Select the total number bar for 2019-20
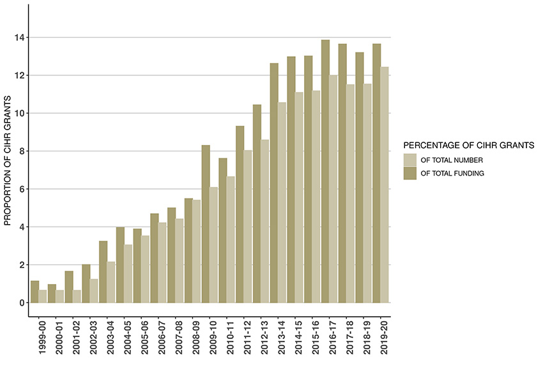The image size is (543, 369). point(384,184)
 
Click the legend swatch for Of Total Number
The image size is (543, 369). point(409,160)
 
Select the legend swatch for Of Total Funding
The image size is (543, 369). point(409,173)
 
